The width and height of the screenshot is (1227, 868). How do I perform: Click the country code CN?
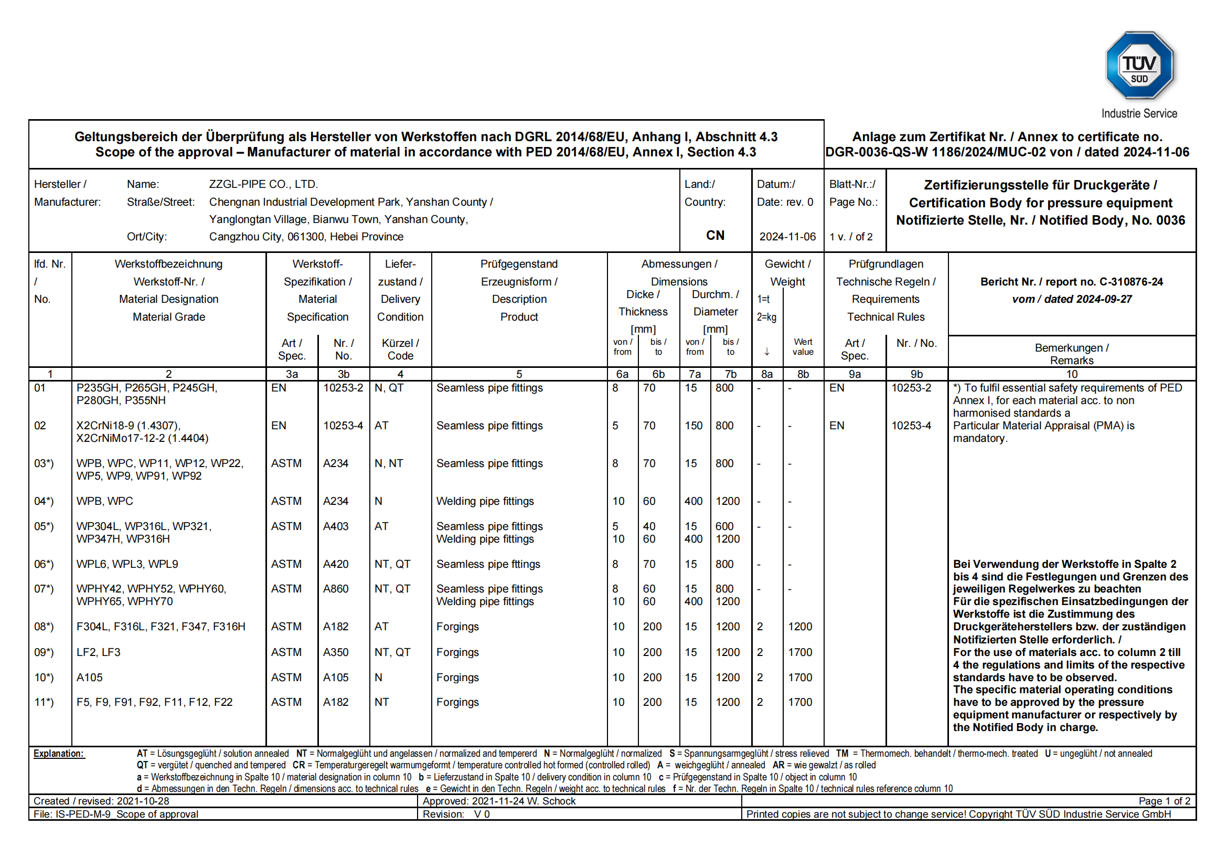[x=715, y=236]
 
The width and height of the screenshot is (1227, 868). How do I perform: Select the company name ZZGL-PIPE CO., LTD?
[x=263, y=184]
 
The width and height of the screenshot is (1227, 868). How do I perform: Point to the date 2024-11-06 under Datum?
[x=787, y=237]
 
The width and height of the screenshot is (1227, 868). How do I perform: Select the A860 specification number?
[x=336, y=588]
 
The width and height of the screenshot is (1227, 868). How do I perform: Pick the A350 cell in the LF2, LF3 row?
[x=336, y=652]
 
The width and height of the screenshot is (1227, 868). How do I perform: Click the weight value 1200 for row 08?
[x=799, y=627]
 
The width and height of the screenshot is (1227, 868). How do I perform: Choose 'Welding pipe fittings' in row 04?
[x=485, y=501]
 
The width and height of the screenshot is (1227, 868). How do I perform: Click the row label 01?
[x=40, y=388]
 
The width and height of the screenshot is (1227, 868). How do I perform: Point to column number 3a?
[x=292, y=374]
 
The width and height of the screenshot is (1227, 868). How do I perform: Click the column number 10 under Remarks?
[x=1072, y=374]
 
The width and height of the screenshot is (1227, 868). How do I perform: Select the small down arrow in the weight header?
[x=766, y=352]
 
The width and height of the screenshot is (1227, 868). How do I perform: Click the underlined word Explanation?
[x=59, y=754]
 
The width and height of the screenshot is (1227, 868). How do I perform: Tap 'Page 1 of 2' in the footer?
[x=1164, y=801]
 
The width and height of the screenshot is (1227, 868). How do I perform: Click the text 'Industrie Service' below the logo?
[x=1139, y=114]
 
